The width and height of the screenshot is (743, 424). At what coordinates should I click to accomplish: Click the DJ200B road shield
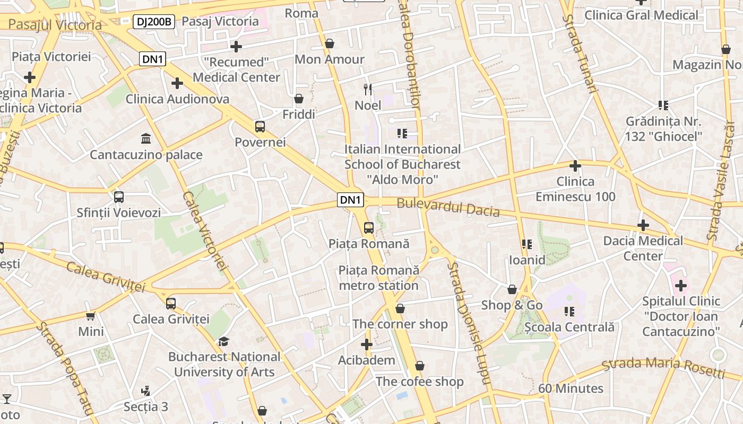coord(153,22)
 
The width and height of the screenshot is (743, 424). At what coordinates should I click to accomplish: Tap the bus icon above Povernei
coord(260,127)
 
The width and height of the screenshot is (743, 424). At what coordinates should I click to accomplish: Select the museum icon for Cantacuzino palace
coord(145,139)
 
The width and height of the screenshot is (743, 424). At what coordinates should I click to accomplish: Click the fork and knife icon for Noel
coord(368,89)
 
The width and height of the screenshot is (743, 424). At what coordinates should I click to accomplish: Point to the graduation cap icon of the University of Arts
coord(223,341)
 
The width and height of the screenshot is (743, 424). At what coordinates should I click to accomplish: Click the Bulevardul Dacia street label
coord(448,207)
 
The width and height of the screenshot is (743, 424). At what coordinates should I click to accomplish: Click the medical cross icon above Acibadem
coord(366,345)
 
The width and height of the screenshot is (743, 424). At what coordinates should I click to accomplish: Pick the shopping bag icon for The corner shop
coord(400,308)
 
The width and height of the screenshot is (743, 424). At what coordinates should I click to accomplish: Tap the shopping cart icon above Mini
coord(91,316)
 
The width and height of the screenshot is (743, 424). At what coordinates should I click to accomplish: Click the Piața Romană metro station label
coord(379,278)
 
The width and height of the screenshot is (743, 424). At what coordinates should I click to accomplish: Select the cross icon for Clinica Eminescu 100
coord(575,166)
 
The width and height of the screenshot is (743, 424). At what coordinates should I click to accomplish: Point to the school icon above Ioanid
coord(526,244)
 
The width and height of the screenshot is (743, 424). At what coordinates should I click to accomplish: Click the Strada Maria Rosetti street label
coord(663,367)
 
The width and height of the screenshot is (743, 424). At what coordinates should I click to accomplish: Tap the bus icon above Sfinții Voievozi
coord(119,197)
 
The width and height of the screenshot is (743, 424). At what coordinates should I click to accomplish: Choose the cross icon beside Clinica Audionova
coord(177,83)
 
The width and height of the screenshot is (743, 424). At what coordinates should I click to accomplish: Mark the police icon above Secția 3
coord(145,391)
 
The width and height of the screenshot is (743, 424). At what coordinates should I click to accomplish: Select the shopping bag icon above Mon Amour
coord(330,43)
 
